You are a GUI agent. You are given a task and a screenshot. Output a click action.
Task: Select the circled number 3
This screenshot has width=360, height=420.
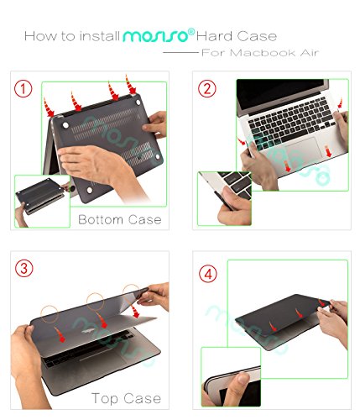coord(26,270)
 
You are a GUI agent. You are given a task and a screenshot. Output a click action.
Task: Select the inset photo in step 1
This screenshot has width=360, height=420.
coord(42,201)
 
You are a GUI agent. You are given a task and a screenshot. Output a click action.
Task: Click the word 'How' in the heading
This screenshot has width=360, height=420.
coord(38,37)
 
